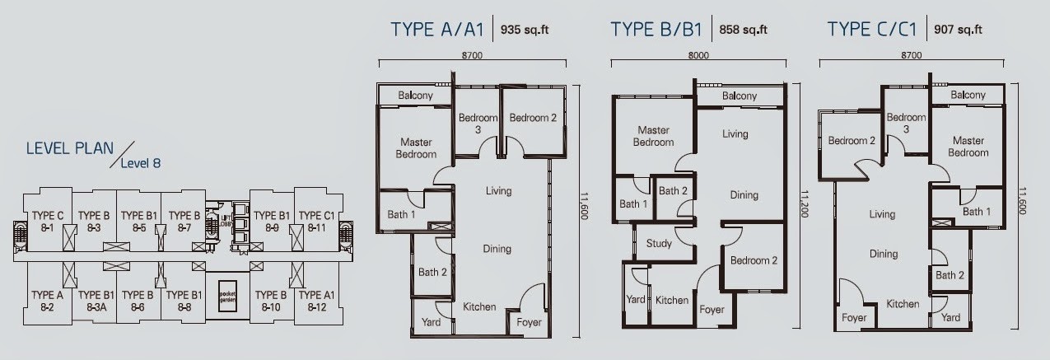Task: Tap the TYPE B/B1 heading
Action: [x=656, y=30]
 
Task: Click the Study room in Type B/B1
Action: [x=658, y=244]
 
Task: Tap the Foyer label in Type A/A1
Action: [x=528, y=322]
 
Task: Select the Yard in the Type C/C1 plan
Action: [x=950, y=317]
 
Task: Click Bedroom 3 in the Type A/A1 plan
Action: [x=478, y=124]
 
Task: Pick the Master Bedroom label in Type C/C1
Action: [x=968, y=147]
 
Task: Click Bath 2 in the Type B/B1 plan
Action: [x=673, y=191]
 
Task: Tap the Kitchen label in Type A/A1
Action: [x=479, y=306]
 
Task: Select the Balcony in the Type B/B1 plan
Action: [x=739, y=96]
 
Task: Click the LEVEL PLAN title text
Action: [x=64, y=148]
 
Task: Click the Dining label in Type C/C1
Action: [x=884, y=254]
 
